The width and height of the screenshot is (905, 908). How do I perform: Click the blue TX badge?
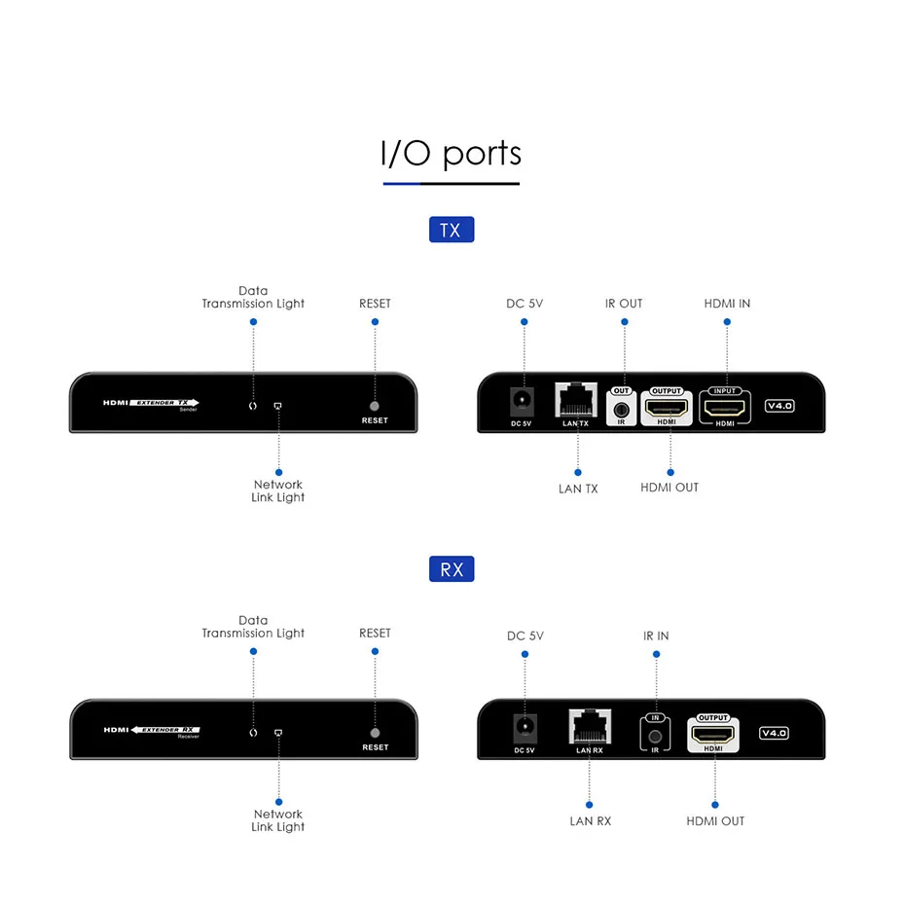[x=452, y=230]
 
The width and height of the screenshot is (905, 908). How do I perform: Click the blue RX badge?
[x=452, y=568]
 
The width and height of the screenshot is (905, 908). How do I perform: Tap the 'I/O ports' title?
[x=452, y=153]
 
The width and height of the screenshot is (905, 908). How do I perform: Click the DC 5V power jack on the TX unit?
[x=522, y=401]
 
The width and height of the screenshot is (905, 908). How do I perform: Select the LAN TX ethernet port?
[x=575, y=400]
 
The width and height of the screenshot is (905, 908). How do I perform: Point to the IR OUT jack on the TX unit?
[x=621, y=410]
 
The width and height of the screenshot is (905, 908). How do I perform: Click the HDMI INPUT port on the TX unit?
[x=724, y=408]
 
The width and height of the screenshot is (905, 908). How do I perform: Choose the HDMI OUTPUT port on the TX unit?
[x=667, y=408]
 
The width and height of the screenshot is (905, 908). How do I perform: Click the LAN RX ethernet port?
[x=590, y=726]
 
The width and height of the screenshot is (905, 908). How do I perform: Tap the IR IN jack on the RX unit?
[x=655, y=737]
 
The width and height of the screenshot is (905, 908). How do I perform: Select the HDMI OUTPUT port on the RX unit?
[x=712, y=734]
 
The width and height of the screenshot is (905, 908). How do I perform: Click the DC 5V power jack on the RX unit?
[x=525, y=728]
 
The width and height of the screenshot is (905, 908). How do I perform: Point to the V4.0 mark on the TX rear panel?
[x=779, y=406]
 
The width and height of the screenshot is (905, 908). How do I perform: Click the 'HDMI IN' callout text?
[x=727, y=304]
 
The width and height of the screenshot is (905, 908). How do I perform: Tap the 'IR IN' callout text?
[x=656, y=636]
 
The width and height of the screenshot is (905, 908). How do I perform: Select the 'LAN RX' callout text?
[x=590, y=821]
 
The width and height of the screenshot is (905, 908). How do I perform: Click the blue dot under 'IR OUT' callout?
[x=624, y=322]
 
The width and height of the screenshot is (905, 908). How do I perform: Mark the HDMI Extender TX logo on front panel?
[x=151, y=404]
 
